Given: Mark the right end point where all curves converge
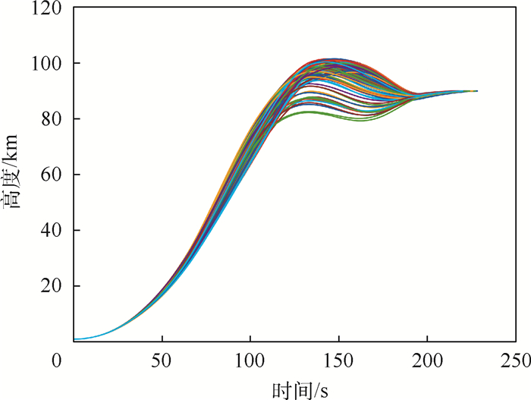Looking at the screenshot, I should (x=477, y=91).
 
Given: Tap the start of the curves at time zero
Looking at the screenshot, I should (x=74, y=339).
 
